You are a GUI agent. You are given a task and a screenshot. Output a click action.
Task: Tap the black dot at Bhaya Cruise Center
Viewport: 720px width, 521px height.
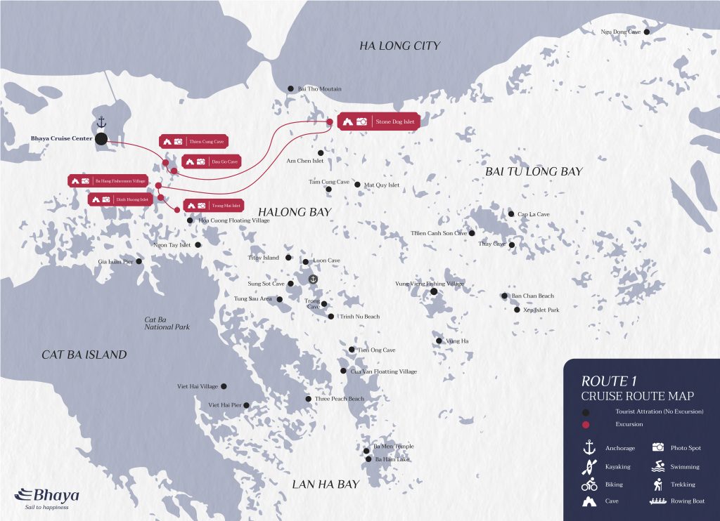pyautogui.click(x=101, y=139)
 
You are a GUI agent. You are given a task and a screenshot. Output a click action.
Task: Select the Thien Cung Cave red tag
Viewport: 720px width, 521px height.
pyautogui.click(x=194, y=141)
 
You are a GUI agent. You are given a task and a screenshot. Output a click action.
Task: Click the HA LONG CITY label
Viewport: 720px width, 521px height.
pyautogui.click(x=399, y=46)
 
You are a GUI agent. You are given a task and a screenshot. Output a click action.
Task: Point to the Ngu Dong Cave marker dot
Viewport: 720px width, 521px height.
pyautogui.click(x=647, y=32)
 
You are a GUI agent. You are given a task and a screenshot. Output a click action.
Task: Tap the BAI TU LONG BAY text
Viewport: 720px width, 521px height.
pyautogui.click(x=534, y=171)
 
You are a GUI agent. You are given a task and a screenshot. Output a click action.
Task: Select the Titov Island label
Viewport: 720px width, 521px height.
pyautogui.click(x=264, y=258)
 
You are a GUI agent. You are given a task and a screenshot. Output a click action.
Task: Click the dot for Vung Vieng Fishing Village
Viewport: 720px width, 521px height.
pyautogui.click(x=434, y=291)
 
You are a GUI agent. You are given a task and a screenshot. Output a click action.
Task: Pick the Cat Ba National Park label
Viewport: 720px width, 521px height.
pyautogui.click(x=167, y=323)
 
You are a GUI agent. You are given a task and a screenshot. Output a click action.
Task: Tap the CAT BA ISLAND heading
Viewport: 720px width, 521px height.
pyautogui.click(x=84, y=355)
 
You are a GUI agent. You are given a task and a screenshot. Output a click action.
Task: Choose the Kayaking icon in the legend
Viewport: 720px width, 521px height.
pyautogui.click(x=589, y=466)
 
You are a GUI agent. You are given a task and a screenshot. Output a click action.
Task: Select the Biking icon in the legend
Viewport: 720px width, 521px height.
pyautogui.click(x=589, y=484)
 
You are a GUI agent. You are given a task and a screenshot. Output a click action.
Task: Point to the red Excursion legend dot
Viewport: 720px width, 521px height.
pyautogui.click(x=585, y=424)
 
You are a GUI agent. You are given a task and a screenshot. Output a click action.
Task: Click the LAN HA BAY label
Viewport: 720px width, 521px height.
pyautogui.click(x=326, y=484)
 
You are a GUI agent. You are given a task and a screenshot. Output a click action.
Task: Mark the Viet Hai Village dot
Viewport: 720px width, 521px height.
pyautogui.click(x=224, y=386)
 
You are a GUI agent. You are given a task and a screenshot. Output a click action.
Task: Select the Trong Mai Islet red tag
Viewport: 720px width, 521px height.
pyautogui.click(x=213, y=206)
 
